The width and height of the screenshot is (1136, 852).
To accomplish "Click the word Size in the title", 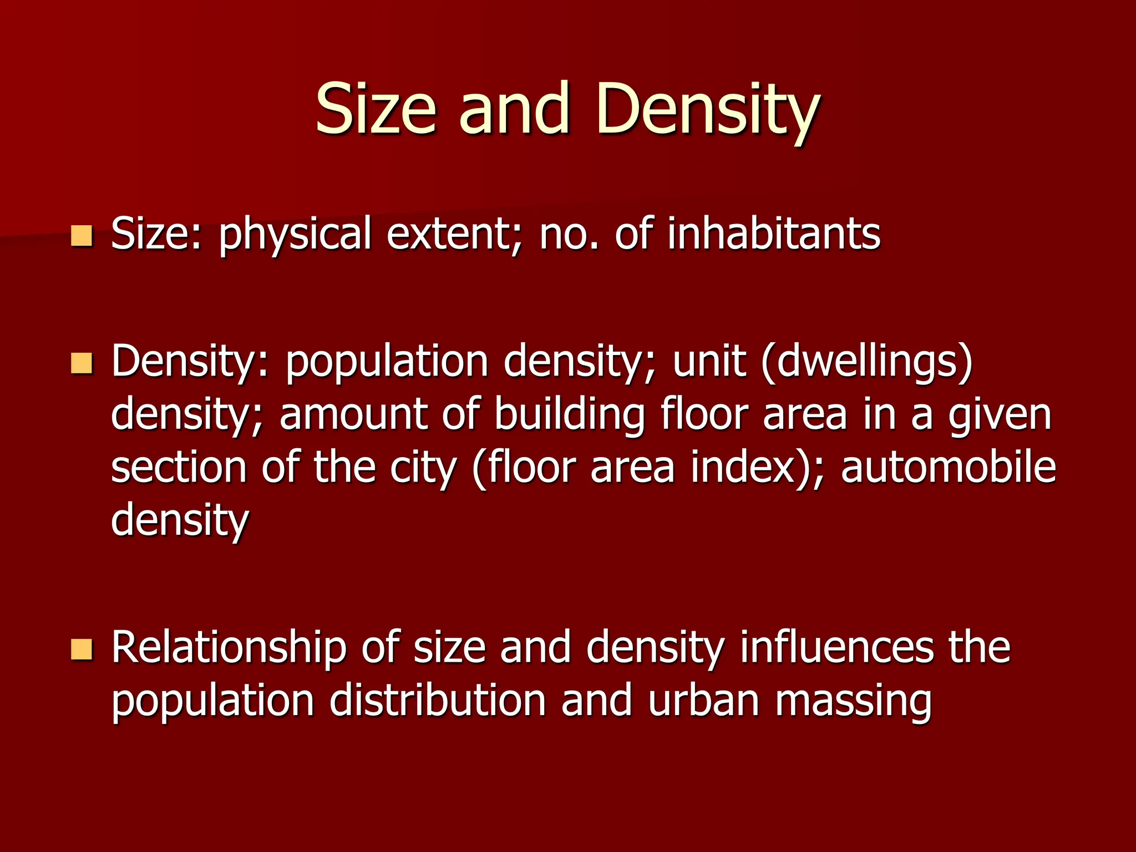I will click(376, 109).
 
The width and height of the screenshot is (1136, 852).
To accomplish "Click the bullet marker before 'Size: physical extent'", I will click(82, 236).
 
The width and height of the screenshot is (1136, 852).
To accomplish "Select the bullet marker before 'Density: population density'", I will click(82, 364).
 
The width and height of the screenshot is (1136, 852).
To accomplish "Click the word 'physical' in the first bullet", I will click(295, 234).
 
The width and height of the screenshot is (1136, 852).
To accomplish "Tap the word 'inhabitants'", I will click(774, 234).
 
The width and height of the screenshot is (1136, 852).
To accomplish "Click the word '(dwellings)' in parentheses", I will click(868, 362).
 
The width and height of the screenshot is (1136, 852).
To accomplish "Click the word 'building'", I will click(569, 414).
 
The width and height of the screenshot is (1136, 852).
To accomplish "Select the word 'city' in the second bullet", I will click(423, 468).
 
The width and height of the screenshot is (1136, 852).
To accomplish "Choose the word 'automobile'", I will click(949, 468).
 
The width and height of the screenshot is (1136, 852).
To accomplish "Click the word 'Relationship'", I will click(229, 648).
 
